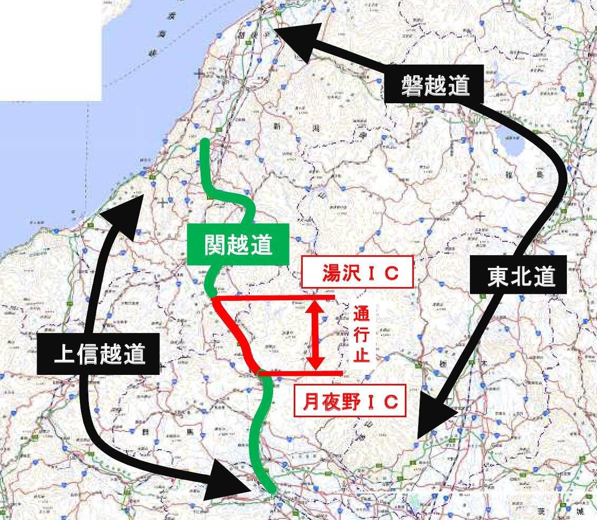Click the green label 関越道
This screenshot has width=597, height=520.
point(238,245)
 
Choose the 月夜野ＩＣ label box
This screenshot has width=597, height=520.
point(350,402)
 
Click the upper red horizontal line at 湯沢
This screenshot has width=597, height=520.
point(275,298)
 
